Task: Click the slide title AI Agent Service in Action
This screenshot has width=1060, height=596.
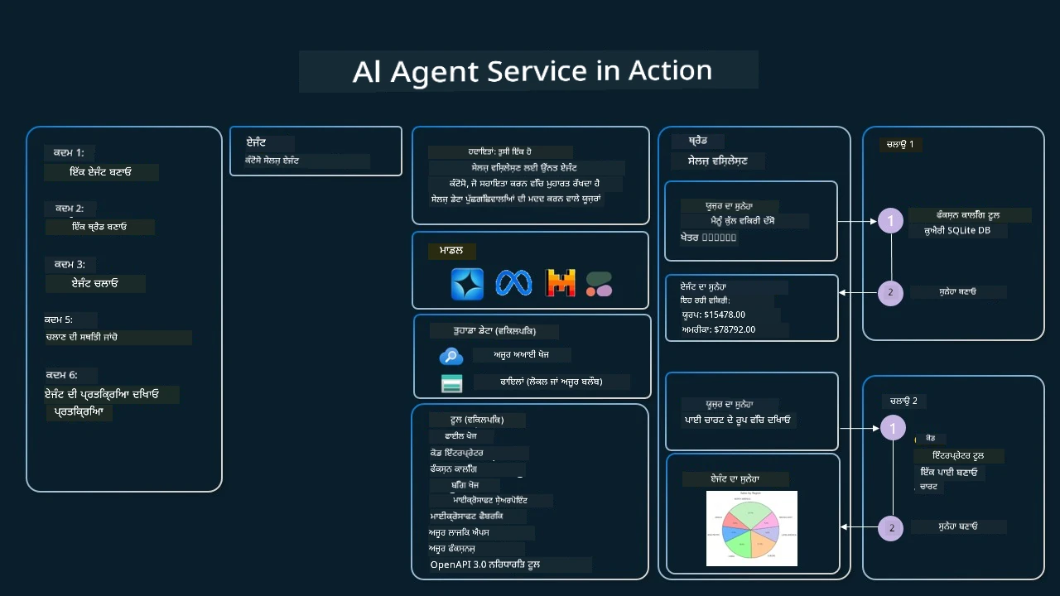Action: (532, 71)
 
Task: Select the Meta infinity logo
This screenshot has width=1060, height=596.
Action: (513, 283)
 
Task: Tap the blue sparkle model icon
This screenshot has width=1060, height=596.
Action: (467, 283)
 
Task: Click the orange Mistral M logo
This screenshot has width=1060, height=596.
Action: (561, 283)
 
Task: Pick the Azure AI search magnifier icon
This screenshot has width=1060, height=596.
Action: (450, 356)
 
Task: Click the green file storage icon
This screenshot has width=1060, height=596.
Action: (451, 383)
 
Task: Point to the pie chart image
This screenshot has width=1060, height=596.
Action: (751, 528)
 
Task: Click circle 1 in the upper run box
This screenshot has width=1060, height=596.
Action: (890, 221)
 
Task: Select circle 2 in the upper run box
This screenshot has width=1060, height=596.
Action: (890, 292)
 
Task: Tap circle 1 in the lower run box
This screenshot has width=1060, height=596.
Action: (893, 428)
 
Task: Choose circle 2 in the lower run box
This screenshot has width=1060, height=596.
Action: (891, 528)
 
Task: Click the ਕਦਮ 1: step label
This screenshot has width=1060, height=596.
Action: (68, 153)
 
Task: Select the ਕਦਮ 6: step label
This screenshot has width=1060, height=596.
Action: (61, 375)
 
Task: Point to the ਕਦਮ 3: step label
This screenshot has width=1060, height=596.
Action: (70, 264)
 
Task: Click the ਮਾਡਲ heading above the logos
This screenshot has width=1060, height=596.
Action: (450, 251)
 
